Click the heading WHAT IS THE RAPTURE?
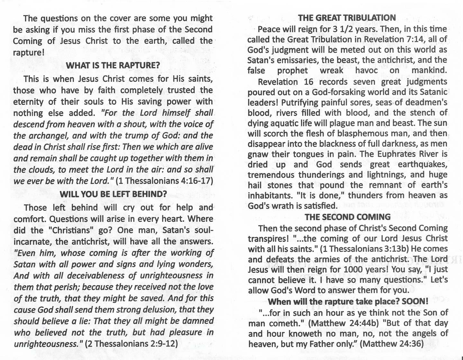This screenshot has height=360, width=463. [113, 65]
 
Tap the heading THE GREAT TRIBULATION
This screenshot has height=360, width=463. [347, 18]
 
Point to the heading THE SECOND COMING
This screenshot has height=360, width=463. [348, 217]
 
